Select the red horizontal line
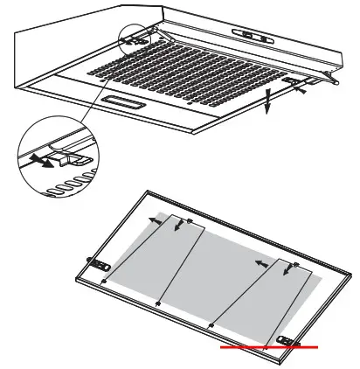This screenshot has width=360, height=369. pyautogui.click(x=269, y=348)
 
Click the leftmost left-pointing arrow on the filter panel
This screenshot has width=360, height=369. pyautogui.click(x=154, y=222)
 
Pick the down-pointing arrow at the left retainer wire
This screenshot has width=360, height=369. pyautogui.click(x=181, y=226)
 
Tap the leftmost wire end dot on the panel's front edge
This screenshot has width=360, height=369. pyautogui.click(x=104, y=283)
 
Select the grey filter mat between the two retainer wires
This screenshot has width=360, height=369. pyautogui.click(x=210, y=262)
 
